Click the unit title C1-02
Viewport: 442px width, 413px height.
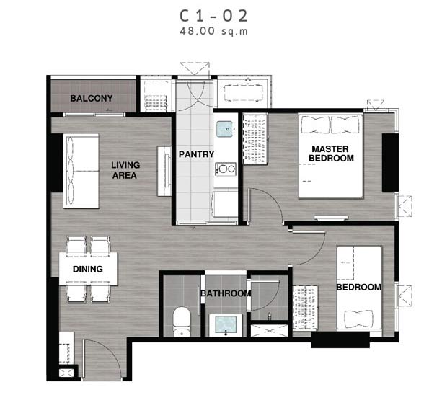click(x=213, y=16)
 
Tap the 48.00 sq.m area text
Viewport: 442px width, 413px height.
click(x=213, y=31)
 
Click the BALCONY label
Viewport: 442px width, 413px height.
click(x=92, y=98)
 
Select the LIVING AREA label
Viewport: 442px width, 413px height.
click(x=125, y=170)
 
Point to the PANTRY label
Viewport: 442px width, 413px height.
click(x=196, y=154)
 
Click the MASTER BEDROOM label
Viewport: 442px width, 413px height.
click(x=331, y=154)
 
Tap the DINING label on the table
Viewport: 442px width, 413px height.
click(x=88, y=269)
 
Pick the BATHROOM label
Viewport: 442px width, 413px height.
click(x=226, y=293)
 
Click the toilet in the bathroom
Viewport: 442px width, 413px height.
click(x=182, y=321)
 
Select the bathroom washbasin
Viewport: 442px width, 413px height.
click(x=226, y=325)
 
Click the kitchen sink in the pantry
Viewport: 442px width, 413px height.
click(x=225, y=129)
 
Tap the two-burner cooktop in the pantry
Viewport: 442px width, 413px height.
click(x=226, y=169)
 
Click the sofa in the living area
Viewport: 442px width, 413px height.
click(x=81, y=171)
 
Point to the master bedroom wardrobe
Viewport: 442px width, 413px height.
click(x=255, y=139)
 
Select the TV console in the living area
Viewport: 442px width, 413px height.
click(x=164, y=171)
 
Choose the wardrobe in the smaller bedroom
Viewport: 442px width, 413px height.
click(x=305, y=308)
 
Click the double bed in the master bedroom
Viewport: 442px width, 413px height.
click(x=331, y=156)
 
